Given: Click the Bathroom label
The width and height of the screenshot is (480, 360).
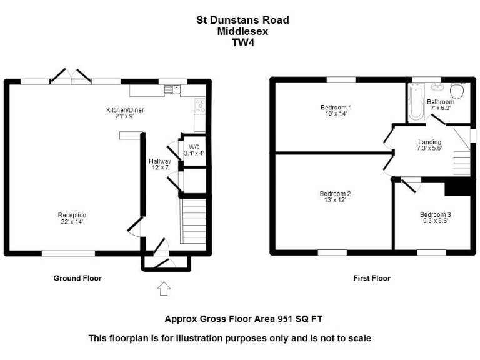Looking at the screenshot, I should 441,102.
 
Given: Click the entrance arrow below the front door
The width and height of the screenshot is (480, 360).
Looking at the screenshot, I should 164,288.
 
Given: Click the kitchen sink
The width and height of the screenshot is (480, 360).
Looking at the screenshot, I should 172,89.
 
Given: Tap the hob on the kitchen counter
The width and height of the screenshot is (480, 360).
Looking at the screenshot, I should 201,104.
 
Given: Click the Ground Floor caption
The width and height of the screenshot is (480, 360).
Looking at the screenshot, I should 77,278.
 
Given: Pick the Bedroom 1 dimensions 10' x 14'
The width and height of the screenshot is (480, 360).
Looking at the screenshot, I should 335,114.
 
